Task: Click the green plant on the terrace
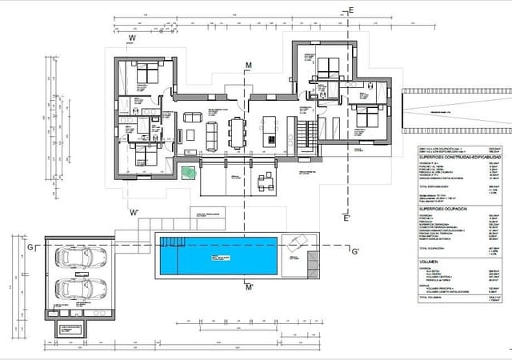(x=187, y=172)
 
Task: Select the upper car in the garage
(x=82, y=258)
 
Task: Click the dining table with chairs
(x=237, y=131)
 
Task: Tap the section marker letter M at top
(x=249, y=64)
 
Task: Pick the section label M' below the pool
(x=249, y=286)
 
